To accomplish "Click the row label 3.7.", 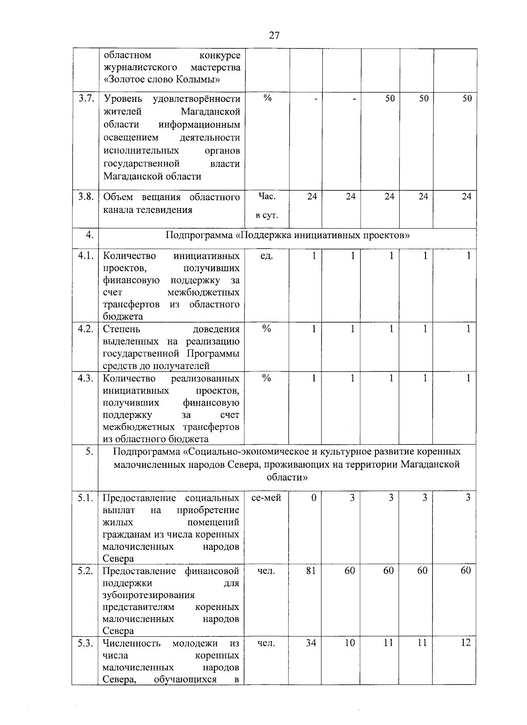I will pos(86,98).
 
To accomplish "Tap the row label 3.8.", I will pos(86,197).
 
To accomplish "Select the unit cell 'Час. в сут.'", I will pos(267,206).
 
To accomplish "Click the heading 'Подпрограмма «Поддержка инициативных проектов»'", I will pos(288,235).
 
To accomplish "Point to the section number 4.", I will pos(89,235).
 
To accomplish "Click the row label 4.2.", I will pos(86,329).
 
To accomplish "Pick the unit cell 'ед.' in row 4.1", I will pos(267,256).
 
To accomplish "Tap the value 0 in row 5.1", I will pos(314,498).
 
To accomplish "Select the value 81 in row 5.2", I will pos(311,571).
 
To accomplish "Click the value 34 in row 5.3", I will pos(311,643).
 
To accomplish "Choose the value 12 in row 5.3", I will pos(466,643).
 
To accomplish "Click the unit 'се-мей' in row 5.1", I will pos(267,498).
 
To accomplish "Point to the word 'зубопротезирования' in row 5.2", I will pos(148,595).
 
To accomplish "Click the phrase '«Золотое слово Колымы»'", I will pos(162,79).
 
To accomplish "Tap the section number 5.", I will pos(89,452).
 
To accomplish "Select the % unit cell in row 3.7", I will pos(267,98).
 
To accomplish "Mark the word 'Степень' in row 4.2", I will pos(121,329).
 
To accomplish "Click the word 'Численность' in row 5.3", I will pos(131,643).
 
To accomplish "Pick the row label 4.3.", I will pos(86,378).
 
